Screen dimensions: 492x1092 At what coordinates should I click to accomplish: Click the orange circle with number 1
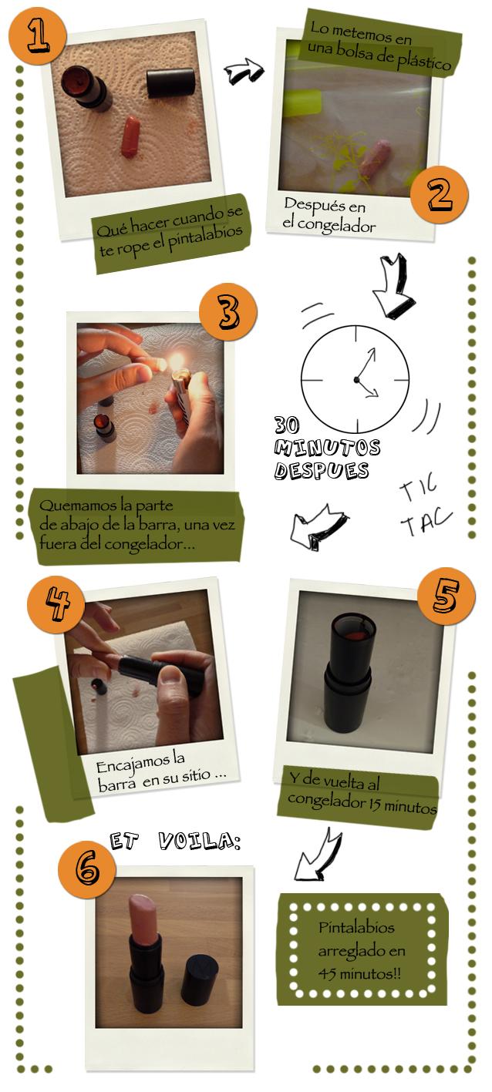pyautogui.click(x=38, y=35)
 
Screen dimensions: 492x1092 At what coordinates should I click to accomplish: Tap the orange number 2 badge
pyautogui.click(x=439, y=194)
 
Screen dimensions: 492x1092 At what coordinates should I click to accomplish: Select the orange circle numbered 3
pyautogui.click(x=227, y=312)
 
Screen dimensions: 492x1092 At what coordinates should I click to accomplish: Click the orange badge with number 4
pyautogui.click(x=56, y=604)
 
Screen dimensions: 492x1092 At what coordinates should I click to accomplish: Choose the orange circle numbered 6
pyautogui.click(x=87, y=870)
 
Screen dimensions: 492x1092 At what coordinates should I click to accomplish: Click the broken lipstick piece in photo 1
pyautogui.click(x=130, y=137)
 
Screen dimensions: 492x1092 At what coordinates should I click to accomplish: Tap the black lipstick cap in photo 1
pyautogui.click(x=170, y=82)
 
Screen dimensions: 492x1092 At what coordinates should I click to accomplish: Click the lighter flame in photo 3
pyautogui.click(x=176, y=361)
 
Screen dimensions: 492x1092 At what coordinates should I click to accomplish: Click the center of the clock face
pyautogui.click(x=355, y=379)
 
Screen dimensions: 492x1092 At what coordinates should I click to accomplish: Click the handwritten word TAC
pyautogui.click(x=426, y=521)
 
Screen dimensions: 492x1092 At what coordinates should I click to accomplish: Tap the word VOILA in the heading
pyautogui.click(x=200, y=841)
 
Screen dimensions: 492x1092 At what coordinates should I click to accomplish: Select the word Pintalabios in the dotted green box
pyautogui.click(x=356, y=927)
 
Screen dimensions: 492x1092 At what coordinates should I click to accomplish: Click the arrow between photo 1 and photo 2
pyautogui.click(x=244, y=72)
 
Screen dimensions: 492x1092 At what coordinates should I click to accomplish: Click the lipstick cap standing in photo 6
pyautogui.click(x=199, y=977)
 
